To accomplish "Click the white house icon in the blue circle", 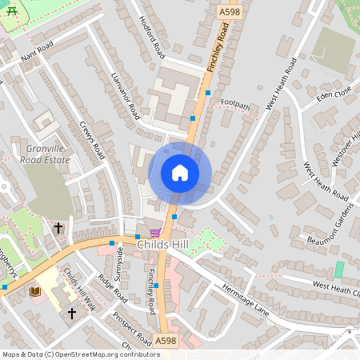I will (x=179, y=173).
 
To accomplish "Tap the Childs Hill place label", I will (x=162, y=243).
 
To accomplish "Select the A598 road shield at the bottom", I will (x=166, y=341).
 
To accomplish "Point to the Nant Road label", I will (x=37, y=54).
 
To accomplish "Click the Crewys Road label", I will (x=93, y=140).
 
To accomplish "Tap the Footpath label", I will (x=235, y=105).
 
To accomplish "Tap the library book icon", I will (x=34, y=292).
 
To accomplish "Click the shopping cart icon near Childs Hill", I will (x=154, y=232).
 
